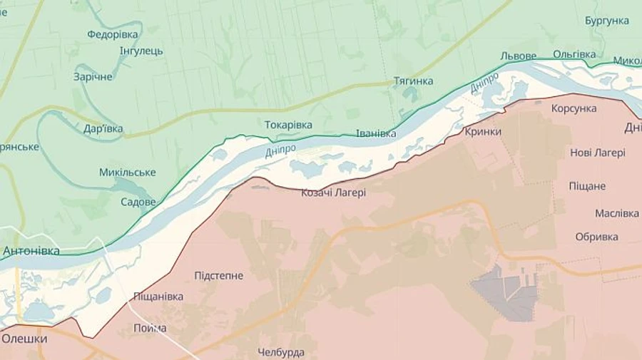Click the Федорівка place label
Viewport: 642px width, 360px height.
coord(113,34)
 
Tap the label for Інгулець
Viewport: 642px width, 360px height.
coord(141,51)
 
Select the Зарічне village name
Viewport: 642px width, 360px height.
coord(93,76)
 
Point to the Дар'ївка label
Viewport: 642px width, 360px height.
coord(103,129)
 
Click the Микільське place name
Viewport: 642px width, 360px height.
coord(128,173)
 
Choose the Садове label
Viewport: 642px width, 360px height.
coord(138,202)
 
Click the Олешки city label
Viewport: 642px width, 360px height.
coord(24,339)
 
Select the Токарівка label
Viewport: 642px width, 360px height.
coord(288,125)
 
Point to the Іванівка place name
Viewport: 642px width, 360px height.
coord(376,133)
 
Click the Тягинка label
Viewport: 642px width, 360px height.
coord(413,81)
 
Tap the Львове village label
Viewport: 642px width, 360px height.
coord(518,56)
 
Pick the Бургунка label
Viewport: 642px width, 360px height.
coord(606,21)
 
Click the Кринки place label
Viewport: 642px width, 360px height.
coord(482,131)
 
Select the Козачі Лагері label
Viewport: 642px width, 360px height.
coord(333,192)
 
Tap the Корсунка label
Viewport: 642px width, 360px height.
coord(574,108)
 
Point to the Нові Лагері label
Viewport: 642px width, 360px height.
coord(597,153)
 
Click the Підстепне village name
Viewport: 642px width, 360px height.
coord(218,276)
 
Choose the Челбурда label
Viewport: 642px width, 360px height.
coord(281,352)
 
